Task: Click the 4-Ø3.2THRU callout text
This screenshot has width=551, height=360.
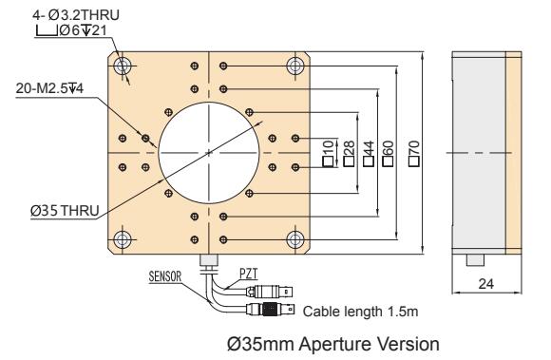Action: click(76, 15)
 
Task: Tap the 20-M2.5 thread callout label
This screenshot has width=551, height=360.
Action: click(49, 88)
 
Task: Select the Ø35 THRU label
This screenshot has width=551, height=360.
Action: click(65, 211)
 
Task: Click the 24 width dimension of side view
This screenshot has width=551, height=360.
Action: click(486, 283)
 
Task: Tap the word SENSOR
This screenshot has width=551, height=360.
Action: click(165, 276)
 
